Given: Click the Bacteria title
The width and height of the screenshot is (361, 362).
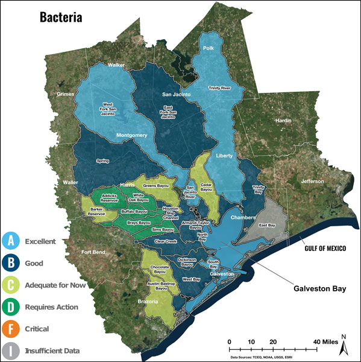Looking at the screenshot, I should point(61,16).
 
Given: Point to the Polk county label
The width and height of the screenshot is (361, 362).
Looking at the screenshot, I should point(209,48).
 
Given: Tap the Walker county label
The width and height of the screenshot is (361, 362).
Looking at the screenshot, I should point(116,65).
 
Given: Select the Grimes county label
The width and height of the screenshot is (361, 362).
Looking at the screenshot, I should point(64,94).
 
